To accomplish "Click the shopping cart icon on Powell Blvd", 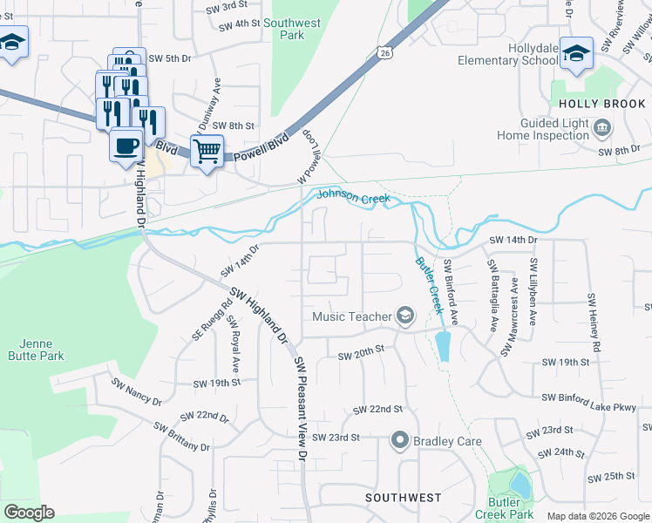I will [x=207, y=152].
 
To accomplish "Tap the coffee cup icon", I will [x=126, y=144].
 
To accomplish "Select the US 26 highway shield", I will [x=384, y=53].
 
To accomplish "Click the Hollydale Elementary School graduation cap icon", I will [x=576, y=54].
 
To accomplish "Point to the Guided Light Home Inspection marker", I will [x=602, y=130].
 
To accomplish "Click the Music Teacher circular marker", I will [x=404, y=316].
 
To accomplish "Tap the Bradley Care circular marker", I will [x=400, y=441].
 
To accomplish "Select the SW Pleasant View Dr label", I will [x=301, y=408].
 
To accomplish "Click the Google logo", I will [x=29, y=513].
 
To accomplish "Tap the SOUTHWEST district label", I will [x=403, y=498].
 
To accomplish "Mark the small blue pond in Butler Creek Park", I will [x=520, y=482].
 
